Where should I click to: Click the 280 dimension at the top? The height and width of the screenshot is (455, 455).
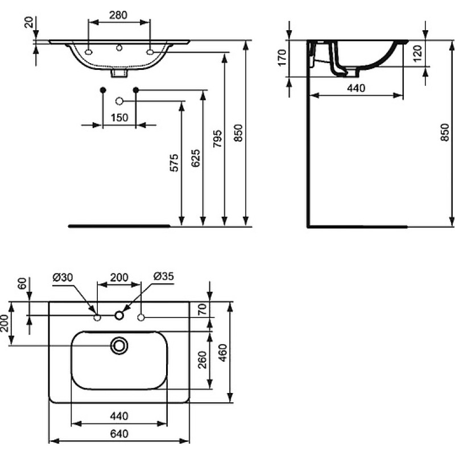point(118,15)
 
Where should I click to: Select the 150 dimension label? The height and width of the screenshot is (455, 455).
point(119,118)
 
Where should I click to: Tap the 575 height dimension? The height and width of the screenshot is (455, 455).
point(174,163)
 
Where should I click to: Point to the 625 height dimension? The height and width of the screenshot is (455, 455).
point(196,158)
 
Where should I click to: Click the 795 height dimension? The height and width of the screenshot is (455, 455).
point(218,138)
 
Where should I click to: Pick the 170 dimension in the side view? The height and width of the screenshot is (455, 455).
point(282,58)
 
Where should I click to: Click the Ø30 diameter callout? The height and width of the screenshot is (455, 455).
point(63,278)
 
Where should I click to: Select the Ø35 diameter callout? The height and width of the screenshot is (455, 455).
point(164,276)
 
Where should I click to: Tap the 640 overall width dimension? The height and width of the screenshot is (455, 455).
point(119,434)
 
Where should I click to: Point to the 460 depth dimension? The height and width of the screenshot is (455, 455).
point(222,353)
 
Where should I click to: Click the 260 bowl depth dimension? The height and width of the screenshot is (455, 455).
point(202,360)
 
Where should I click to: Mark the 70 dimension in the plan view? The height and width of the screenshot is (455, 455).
point(203,309)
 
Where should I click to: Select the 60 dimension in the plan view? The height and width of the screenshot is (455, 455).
point(22,284)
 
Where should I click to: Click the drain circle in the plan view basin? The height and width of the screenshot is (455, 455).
point(119,346)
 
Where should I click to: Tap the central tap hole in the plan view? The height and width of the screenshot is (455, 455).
point(119,316)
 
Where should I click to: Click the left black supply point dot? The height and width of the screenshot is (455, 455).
point(103,90)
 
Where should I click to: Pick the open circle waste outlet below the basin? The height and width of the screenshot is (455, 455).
point(119,101)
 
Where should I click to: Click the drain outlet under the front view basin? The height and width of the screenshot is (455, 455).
point(119,73)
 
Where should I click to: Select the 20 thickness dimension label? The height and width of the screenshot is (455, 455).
point(29,22)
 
